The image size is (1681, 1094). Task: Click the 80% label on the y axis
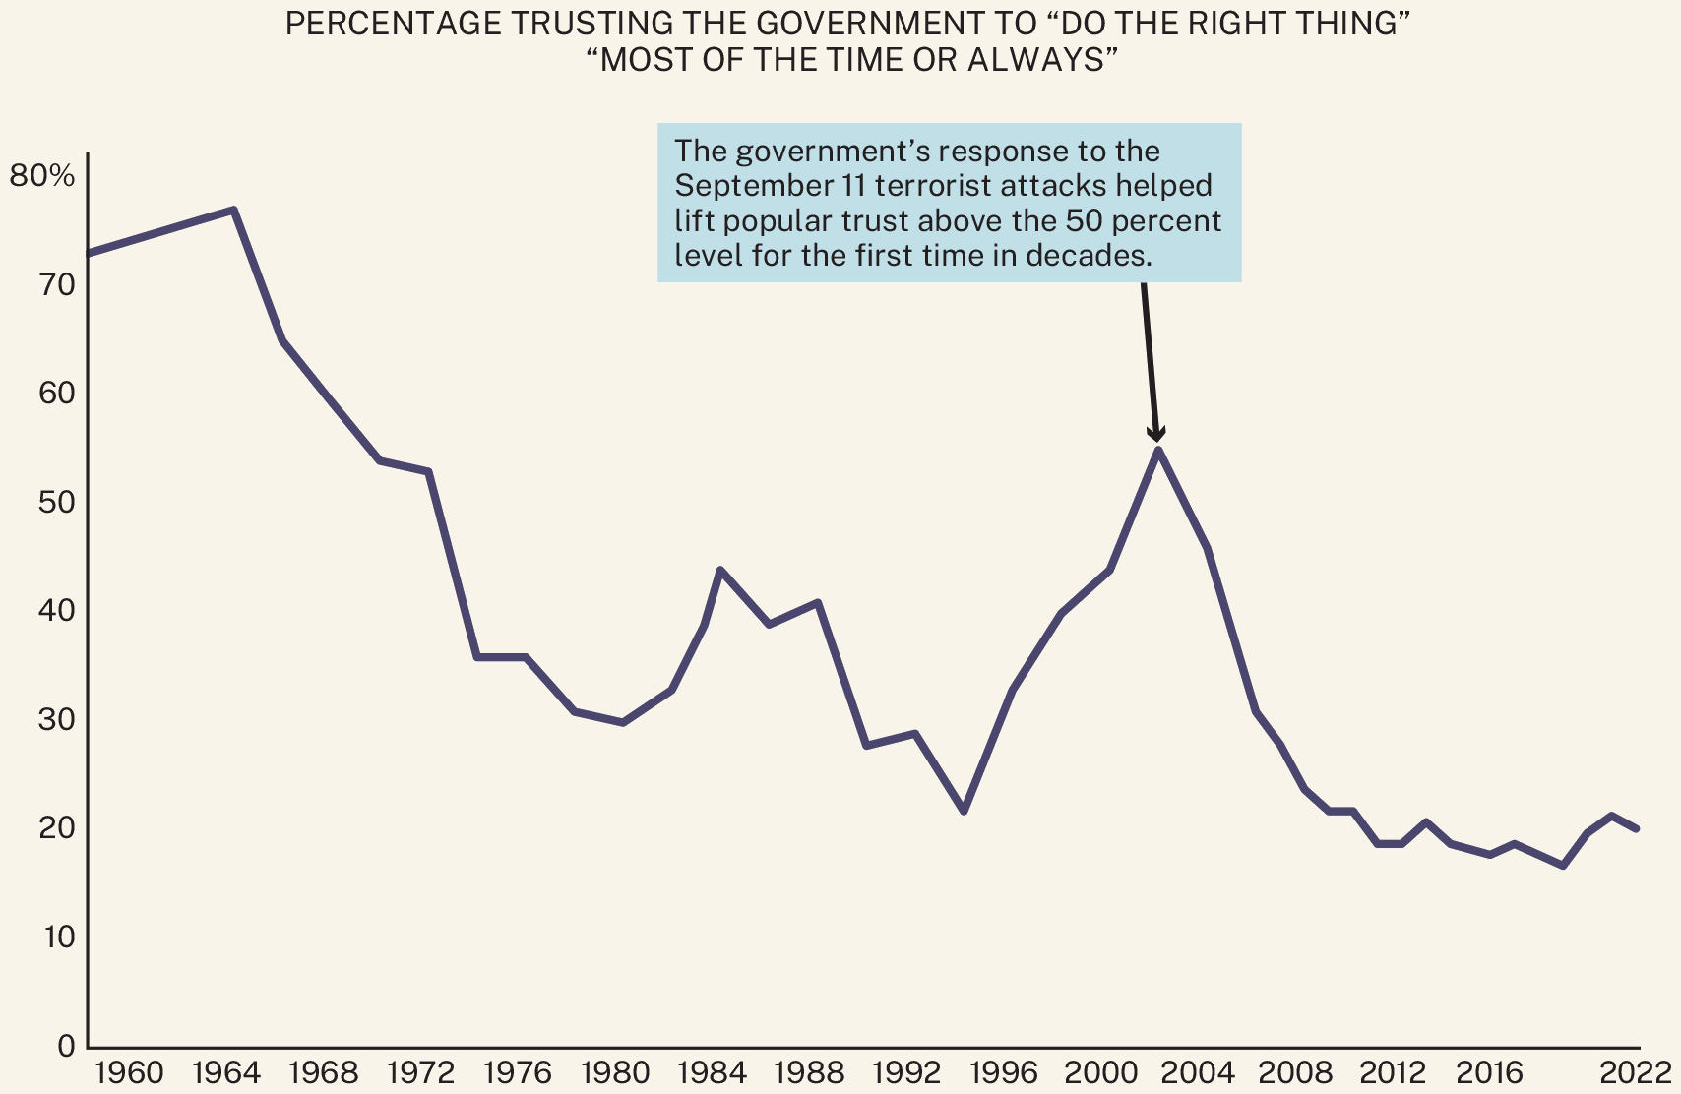[x=41, y=177]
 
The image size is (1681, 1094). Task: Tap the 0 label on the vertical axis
[x=66, y=1046]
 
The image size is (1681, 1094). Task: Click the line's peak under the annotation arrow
[x=1158, y=451]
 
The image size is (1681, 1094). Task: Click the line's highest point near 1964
[x=233, y=210]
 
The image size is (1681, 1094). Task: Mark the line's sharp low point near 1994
[x=964, y=811]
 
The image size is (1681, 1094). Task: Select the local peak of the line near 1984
[x=720, y=570]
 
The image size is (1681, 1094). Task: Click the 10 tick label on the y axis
[x=58, y=937]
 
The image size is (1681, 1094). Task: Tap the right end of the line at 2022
[x=1636, y=828]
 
